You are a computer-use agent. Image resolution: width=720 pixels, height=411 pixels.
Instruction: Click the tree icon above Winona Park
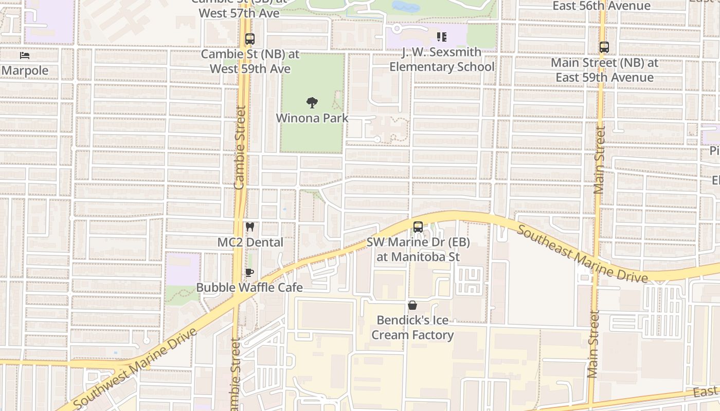coord(312,103)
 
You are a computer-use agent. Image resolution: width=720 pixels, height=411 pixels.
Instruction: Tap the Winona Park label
coord(312,118)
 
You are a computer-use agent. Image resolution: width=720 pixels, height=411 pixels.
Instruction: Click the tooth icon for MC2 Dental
coord(250,227)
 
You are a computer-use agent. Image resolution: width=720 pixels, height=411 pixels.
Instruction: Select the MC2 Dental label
coord(250,242)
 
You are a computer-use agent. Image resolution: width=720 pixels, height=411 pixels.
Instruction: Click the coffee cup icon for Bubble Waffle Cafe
coord(249,272)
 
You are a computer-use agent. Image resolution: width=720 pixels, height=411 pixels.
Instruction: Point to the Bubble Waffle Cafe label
coord(249,287)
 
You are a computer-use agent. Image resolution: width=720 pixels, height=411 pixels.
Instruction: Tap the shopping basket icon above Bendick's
coord(412,305)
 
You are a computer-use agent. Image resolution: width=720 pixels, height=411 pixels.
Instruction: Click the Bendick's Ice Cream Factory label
coord(412,328)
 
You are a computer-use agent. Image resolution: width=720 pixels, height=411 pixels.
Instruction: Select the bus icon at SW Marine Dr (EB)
coord(418,227)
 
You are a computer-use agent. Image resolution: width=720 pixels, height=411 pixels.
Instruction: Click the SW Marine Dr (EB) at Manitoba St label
coord(418,249)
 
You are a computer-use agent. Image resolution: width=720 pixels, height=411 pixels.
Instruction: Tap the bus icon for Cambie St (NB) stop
coord(250,39)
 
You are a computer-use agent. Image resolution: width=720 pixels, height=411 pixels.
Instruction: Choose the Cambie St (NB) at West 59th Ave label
coord(250,62)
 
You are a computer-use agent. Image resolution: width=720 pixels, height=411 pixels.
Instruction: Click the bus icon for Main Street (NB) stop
coord(604,47)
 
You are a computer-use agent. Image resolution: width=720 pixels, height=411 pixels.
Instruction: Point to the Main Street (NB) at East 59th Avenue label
coord(604,70)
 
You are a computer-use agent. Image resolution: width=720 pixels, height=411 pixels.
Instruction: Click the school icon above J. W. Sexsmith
coord(441,37)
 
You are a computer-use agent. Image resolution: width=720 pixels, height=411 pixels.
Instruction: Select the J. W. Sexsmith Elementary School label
coord(441,60)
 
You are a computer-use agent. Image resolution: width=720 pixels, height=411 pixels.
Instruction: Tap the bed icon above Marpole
coord(24,55)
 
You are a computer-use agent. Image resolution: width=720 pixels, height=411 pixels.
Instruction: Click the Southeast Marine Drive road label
coord(582,254)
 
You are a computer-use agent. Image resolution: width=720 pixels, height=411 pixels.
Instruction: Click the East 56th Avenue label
coord(601,6)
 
